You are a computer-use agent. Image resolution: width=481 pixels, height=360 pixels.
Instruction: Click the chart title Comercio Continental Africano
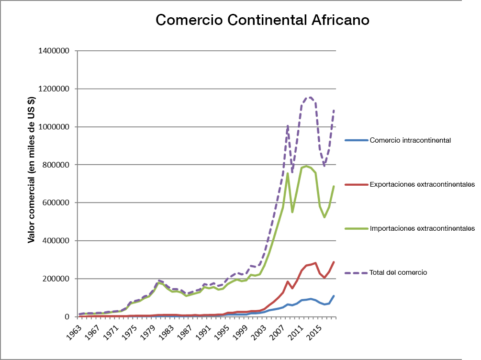tap(263, 21)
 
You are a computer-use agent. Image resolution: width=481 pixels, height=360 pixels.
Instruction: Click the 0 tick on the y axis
tap(70, 317)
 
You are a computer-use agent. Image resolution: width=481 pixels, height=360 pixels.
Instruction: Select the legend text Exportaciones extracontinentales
tap(422, 184)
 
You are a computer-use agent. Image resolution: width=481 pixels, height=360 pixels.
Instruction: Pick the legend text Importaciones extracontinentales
tap(422, 229)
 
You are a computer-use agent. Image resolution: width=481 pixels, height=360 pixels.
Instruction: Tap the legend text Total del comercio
tap(398, 272)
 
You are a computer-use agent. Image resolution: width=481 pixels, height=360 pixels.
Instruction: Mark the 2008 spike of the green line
tap(287, 173)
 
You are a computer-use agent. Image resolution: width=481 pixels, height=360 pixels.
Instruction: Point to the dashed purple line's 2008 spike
tap(287, 126)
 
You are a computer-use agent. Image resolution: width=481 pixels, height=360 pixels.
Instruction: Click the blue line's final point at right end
tap(334, 296)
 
